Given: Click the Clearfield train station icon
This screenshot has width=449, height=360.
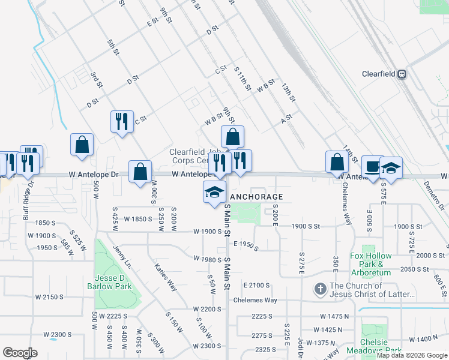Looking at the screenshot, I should [402, 74].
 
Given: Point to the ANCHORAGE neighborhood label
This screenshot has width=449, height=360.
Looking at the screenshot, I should [256, 197].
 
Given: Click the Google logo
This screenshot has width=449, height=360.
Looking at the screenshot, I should [20, 353].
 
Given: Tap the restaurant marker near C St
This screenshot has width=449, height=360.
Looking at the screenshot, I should [122, 121].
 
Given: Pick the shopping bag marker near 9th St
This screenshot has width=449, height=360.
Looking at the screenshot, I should [232, 137].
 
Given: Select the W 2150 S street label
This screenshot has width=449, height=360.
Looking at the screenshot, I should [49, 297].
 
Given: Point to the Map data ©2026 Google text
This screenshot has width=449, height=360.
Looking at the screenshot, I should [412, 355].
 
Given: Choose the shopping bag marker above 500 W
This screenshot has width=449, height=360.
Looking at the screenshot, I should [82, 145].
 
